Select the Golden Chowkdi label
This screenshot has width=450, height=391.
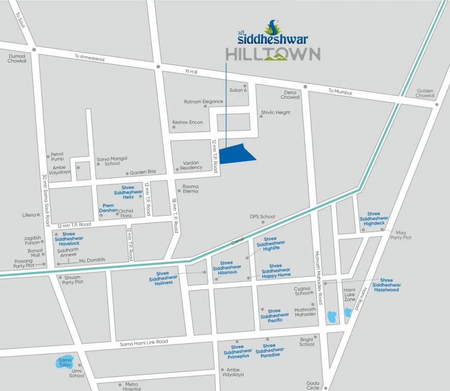pos(425,93)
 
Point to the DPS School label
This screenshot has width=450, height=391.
pos(262,217)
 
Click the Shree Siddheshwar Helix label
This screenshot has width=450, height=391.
pos(124,192)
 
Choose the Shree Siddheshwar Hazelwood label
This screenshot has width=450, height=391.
pos(386,285)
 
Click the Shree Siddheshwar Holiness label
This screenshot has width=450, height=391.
pos(163,278)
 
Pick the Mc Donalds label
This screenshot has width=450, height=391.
pos(92,260)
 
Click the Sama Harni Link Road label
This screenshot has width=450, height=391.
pos(144,343)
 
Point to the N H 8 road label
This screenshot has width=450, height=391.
pos(191,73)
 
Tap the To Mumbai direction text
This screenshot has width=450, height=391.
pos(340,92)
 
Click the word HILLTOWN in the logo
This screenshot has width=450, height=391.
pos(273,54)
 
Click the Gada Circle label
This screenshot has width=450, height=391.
pos(313,385)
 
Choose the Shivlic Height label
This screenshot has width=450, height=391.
pos(276,113)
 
